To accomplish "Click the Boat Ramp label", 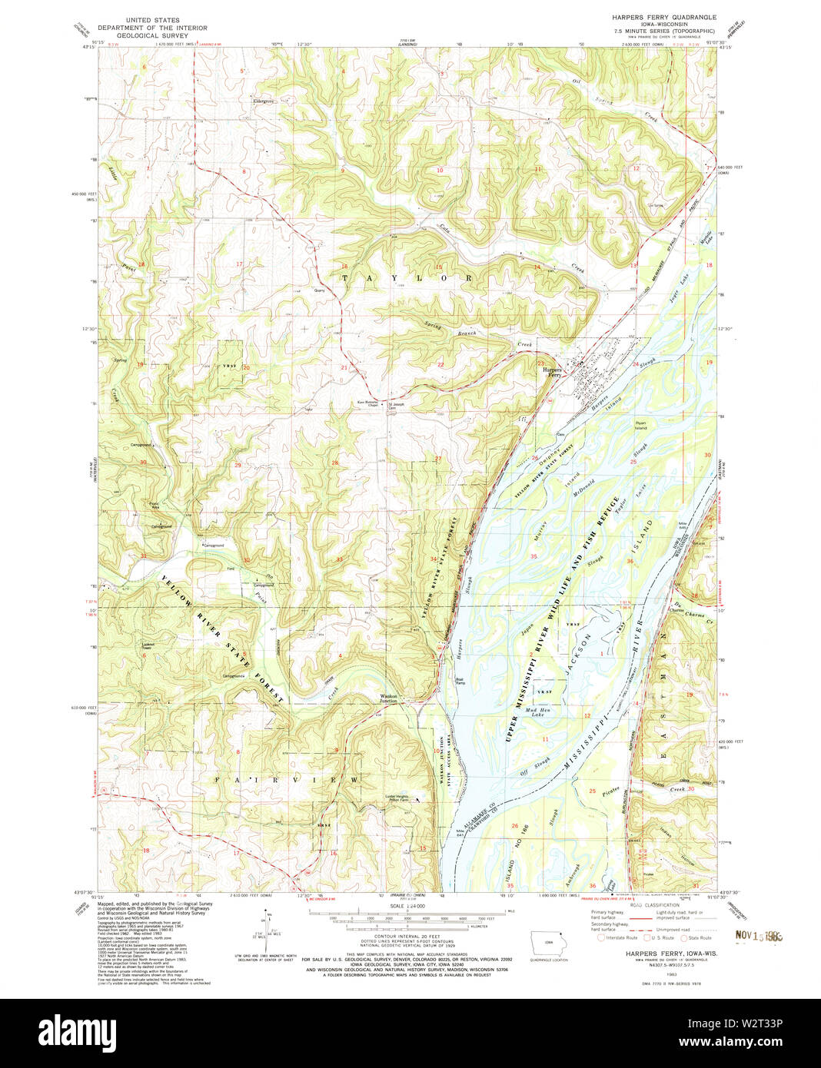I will [x=460, y=680].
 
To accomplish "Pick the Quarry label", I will [x=320, y=290].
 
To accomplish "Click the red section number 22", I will [x=440, y=364].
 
